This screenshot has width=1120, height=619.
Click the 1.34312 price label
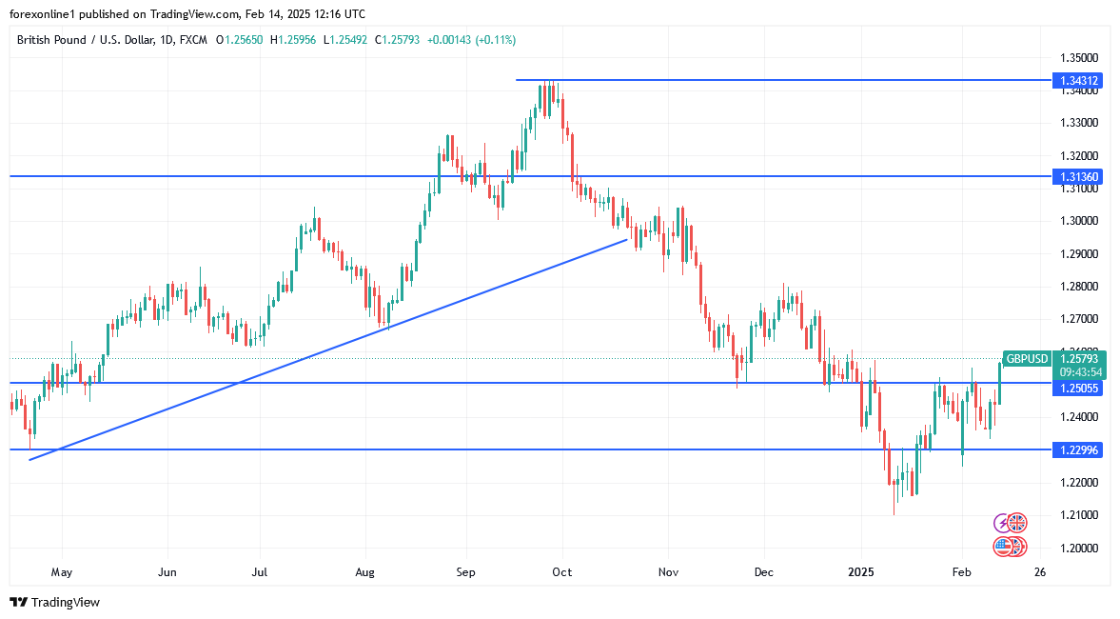(1080, 81)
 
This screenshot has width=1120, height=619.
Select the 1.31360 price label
(1080, 177)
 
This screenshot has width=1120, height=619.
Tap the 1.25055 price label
(1080, 389)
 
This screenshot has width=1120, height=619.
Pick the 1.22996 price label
(1080, 449)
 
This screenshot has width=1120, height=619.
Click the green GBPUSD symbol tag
(1027, 359)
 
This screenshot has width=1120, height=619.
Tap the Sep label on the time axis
(465, 572)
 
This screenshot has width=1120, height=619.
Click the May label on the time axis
(61, 572)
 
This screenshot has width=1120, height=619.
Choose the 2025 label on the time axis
(861, 572)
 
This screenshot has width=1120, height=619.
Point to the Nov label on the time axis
(668, 572)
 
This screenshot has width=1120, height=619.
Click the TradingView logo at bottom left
(54, 602)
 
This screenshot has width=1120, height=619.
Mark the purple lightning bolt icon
(1002, 523)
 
